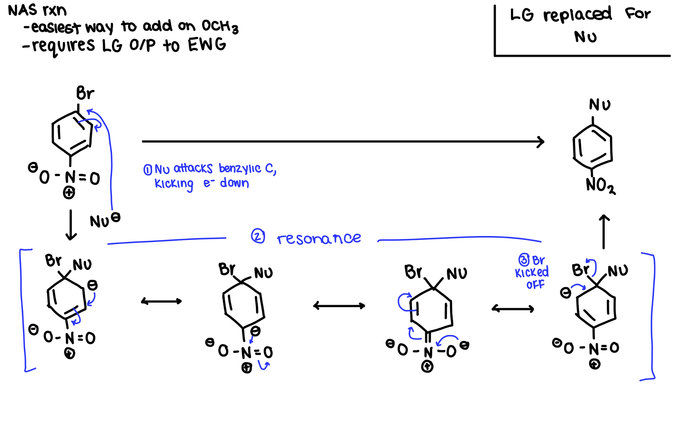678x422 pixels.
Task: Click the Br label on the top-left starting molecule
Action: (85, 93)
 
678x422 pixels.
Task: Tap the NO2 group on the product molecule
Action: (600, 185)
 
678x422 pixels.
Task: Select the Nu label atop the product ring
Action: (599, 105)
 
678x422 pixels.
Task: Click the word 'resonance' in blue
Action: (319, 238)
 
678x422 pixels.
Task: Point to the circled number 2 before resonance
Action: (258, 236)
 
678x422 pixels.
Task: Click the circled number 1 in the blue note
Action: (148, 169)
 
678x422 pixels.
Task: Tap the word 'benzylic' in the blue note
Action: (240, 168)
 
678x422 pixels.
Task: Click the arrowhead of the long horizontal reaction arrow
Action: (541, 142)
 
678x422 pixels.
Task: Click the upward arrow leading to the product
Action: (604, 231)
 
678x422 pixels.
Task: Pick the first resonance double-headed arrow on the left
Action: (162, 301)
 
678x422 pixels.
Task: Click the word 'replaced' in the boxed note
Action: (577, 15)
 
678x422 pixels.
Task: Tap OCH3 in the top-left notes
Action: (220, 27)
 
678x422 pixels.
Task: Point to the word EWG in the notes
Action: (207, 45)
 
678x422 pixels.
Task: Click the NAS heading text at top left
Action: (22, 10)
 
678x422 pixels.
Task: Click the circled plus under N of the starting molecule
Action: (69, 193)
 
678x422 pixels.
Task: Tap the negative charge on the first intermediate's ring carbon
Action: (92, 285)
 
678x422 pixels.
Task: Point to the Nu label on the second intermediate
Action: (263, 273)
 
